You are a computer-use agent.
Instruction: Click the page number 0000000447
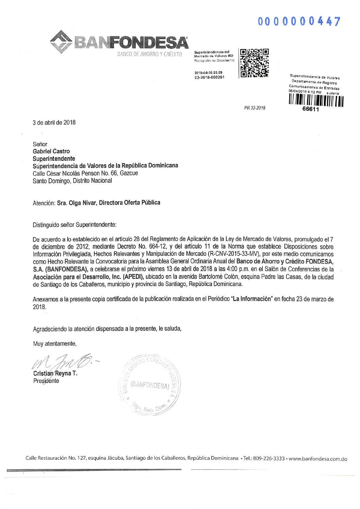(x=299, y=21)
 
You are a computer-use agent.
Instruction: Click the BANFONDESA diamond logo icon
(x=61, y=42)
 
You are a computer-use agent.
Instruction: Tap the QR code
(x=255, y=63)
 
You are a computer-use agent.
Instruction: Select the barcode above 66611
(x=316, y=101)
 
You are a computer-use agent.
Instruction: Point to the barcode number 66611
(x=311, y=109)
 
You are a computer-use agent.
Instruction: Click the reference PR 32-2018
(x=255, y=108)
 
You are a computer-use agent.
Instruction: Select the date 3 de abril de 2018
(x=54, y=122)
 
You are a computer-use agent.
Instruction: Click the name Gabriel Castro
(x=51, y=151)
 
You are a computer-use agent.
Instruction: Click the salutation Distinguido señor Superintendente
(x=75, y=225)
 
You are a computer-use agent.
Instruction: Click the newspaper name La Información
(x=252, y=299)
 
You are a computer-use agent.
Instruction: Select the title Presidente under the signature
(x=46, y=381)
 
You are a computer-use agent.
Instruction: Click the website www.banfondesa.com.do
(x=318, y=459)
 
